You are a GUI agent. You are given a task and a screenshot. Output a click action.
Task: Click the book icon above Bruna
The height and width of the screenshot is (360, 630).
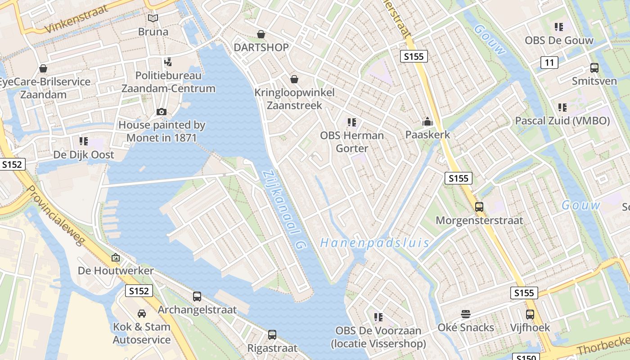pyautogui.click(x=153, y=18)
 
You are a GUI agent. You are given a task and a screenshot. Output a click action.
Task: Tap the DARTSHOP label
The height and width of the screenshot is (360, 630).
pyautogui.click(x=261, y=47)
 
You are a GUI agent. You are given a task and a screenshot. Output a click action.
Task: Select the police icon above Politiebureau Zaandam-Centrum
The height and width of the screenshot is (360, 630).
pyautogui.click(x=168, y=62)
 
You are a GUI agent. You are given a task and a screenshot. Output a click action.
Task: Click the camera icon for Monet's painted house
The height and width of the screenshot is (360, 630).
pyautogui.click(x=162, y=112)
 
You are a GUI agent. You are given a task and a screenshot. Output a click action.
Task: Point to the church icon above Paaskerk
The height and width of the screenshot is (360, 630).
pyautogui.click(x=427, y=121)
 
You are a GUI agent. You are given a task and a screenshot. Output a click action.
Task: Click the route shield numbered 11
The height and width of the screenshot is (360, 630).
pyautogui.click(x=549, y=63)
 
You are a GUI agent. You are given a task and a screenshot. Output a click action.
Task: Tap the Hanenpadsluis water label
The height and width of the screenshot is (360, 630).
pyautogui.click(x=374, y=243)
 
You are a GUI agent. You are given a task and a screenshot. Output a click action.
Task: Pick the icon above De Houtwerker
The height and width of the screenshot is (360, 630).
pyautogui.click(x=116, y=258)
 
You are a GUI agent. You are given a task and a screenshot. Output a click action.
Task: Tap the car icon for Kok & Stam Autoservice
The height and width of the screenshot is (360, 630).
pyautogui.click(x=141, y=314)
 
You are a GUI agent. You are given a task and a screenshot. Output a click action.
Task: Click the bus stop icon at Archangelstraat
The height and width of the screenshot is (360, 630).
pyautogui.click(x=197, y=297)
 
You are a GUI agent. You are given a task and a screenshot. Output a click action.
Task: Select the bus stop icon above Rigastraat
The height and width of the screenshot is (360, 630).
pyautogui.click(x=272, y=335)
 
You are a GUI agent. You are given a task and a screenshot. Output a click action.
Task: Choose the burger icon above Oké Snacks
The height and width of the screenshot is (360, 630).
pyautogui.click(x=466, y=314)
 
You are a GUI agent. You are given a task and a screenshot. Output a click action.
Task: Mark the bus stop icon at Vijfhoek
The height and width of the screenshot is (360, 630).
pyautogui.click(x=530, y=314)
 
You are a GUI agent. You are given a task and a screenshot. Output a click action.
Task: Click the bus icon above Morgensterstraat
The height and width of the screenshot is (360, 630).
pyautogui.click(x=479, y=207)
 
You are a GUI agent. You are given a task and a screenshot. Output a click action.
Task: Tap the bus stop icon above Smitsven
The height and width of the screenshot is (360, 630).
pyautogui.click(x=594, y=68)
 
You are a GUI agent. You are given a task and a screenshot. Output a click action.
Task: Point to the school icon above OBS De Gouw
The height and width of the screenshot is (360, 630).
pyautogui.click(x=559, y=27)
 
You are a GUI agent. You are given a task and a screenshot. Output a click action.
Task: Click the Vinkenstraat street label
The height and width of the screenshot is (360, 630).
pyautogui.click(x=77, y=20)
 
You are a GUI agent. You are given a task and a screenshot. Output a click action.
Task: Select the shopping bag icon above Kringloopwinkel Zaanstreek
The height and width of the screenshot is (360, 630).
pyautogui.click(x=294, y=80)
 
